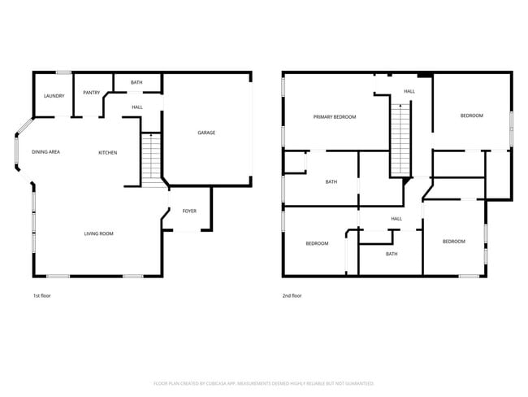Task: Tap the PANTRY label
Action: click(x=91, y=93)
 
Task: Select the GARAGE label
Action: click(x=206, y=133)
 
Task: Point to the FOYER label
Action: click(x=189, y=211)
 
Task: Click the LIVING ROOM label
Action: click(x=98, y=234)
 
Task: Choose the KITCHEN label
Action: click(x=108, y=153)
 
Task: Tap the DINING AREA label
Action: click(x=45, y=152)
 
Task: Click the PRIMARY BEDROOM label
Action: click(x=335, y=117)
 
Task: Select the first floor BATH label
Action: click(x=136, y=82)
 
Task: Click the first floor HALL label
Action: click(x=137, y=107)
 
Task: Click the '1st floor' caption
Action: click(x=41, y=296)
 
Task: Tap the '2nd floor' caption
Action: click(x=292, y=296)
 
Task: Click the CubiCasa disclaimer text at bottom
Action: click(x=264, y=383)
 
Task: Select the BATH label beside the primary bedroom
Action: click(x=331, y=181)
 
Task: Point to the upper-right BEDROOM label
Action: click(x=472, y=116)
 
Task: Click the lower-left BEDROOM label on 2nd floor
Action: click(x=317, y=243)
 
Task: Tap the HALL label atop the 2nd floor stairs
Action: click(x=409, y=91)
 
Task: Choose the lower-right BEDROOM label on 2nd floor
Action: click(x=453, y=242)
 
